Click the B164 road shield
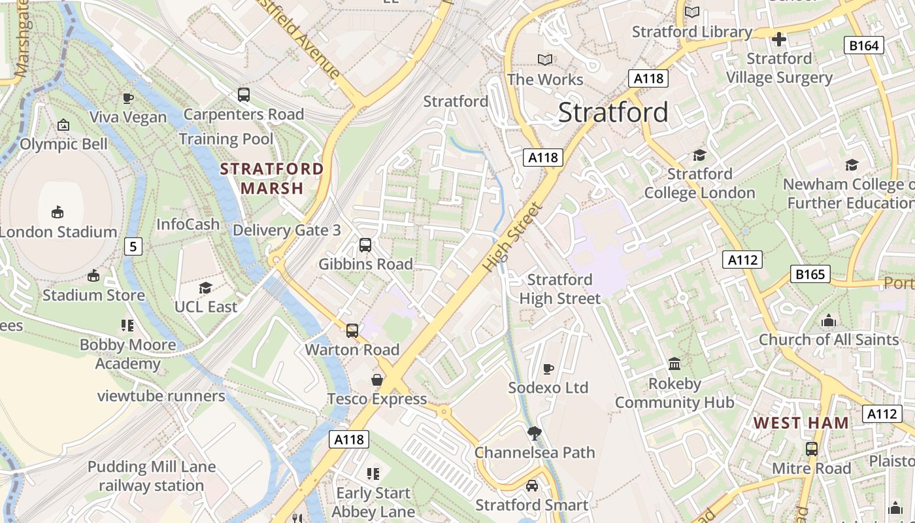click(x=865, y=45)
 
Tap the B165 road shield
click(x=810, y=274)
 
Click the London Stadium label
click(x=58, y=231)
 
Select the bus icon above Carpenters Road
click(x=244, y=95)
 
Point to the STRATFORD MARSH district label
click(x=272, y=178)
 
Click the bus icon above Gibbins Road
click(x=365, y=245)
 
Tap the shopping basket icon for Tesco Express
click(x=377, y=380)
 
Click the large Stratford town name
click(x=613, y=112)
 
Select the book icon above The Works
click(x=545, y=60)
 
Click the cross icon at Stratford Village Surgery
click(x=779, y=39)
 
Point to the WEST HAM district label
click(x=801, y=423)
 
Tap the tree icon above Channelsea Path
click(x=535, y=433)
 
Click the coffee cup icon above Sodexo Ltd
click(x=548, y=369)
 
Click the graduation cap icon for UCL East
click(x=206, y=288)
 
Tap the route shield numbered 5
click(x=133, y=246)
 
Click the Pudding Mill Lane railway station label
click(x=152, y=476)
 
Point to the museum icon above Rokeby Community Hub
click(x=674, y=363)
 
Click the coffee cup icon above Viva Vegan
click(x=128, y=98)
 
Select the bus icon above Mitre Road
click(x=812, y=449)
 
